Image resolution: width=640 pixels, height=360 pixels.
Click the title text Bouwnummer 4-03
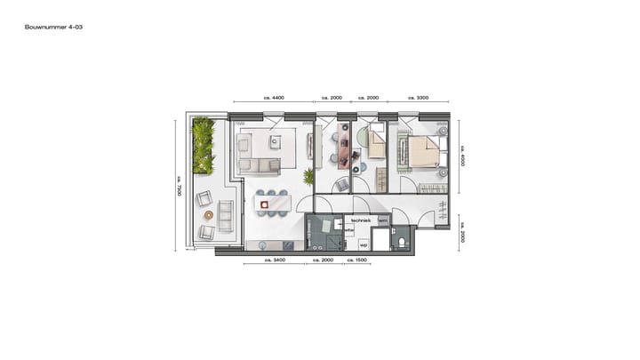click(54, 28)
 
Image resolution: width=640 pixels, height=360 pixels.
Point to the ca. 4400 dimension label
click(273, 97)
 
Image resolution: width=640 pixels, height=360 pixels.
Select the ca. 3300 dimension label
click(419, 97)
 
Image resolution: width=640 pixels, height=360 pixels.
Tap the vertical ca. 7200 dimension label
click(178, 185)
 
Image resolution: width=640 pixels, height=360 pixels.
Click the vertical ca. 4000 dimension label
click(462, 156)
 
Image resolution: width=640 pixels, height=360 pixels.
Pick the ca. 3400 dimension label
click(275, 261)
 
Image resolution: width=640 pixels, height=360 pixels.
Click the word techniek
click(360, 220)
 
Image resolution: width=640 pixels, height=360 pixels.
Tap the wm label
click(383, 220)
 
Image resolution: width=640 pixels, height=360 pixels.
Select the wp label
click(363, 243)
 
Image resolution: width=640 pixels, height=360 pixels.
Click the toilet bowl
click(402, 242)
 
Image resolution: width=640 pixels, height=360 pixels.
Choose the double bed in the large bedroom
click(426, 151)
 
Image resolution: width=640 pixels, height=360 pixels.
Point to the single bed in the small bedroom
click(377, 142)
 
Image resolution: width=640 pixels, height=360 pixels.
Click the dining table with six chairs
click(272, 204)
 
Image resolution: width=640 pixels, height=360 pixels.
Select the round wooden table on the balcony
click(209, 214)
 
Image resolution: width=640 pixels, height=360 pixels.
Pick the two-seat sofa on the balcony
click(225, 215)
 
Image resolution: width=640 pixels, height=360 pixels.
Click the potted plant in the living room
click(309, 176)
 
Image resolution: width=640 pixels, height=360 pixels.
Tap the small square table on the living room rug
click(276, 141)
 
